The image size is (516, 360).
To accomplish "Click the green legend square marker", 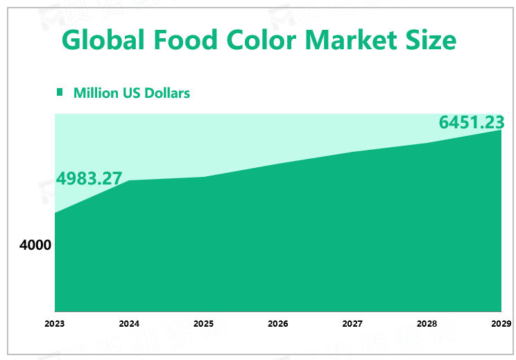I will click(60, 92).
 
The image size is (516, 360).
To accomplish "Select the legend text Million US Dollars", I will click(132, 93).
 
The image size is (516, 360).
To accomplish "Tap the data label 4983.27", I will click(89, 178).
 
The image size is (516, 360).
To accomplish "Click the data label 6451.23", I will click(471, 122).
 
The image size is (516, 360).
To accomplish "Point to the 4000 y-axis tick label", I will click(35, 245).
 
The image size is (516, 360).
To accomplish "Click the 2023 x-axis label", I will click(55, 323).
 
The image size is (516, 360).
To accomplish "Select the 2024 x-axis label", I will click(129, 323).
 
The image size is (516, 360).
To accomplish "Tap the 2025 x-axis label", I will click(203, 323).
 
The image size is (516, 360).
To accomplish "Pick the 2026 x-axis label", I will click(278, 323).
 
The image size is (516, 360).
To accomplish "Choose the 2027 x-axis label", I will click(352, 323).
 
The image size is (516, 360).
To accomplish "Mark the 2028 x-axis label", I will click(427, 323).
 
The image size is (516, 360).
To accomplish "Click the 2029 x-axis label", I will click(501, 323).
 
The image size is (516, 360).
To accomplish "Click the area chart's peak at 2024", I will click(130, 181).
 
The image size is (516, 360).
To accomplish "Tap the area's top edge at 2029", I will click(501, 130).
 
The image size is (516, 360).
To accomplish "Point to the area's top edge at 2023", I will click(55, 213).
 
